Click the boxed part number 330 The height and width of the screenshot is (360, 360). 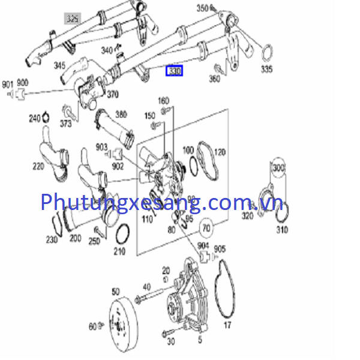(x=175, y=71)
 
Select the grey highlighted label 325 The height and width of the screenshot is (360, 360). (x=73, y=19)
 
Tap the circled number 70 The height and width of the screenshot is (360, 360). (x=206, y=228)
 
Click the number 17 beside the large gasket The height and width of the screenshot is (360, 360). (x=227, y=326)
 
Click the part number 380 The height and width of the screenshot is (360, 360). (x=121, y=113)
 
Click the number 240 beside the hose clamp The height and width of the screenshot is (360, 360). (x=35, y=119)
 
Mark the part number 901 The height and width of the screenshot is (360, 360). (x=7, y=83)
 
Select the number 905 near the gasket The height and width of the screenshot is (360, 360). (x=220, y=248)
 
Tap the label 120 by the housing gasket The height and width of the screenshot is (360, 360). (x=219, y=152)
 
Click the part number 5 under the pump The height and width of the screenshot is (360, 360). (x=200, y=340)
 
